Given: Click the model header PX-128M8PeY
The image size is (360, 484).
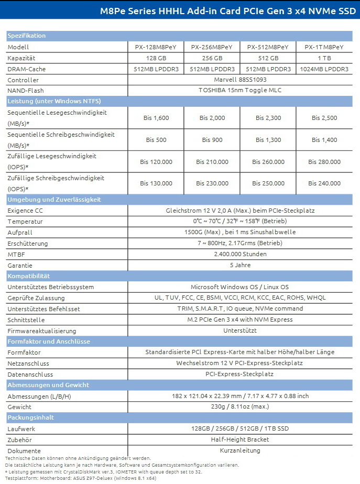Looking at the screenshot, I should coord(156,47).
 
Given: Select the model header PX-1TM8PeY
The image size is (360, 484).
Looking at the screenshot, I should coord(324,47).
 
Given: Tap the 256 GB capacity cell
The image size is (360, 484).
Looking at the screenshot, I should coord(212,58).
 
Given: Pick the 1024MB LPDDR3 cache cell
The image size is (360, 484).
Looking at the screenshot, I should coord(324,69).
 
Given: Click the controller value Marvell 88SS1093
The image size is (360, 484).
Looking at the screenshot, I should coord(240,80).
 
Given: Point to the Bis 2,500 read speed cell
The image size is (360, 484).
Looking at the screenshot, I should coord(324,118).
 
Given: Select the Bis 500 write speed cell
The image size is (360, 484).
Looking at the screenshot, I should coord(156,140).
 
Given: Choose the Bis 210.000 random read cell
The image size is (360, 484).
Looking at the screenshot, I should coord(212,162).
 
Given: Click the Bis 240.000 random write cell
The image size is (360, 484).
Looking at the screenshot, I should coord(324,183).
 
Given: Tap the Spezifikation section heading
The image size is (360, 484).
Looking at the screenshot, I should coord(27,36).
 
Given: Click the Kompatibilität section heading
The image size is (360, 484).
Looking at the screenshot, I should coord(29,276).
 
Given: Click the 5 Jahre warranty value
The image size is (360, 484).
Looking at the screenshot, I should coord(240,265).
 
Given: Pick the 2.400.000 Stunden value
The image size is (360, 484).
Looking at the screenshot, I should coord(240,254).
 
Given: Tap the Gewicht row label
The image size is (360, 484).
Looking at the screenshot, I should coord(19,406).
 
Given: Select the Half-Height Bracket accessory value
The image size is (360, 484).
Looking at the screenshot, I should coord(240,439).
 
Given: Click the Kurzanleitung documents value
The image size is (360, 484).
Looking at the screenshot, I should coord(240,450).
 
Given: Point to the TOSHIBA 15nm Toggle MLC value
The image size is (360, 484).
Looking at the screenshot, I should coord(240,90).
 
